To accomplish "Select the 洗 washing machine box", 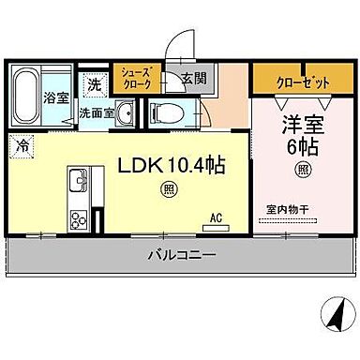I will click(x=93, y=84).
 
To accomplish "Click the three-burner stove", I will click(x=78, y=221).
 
